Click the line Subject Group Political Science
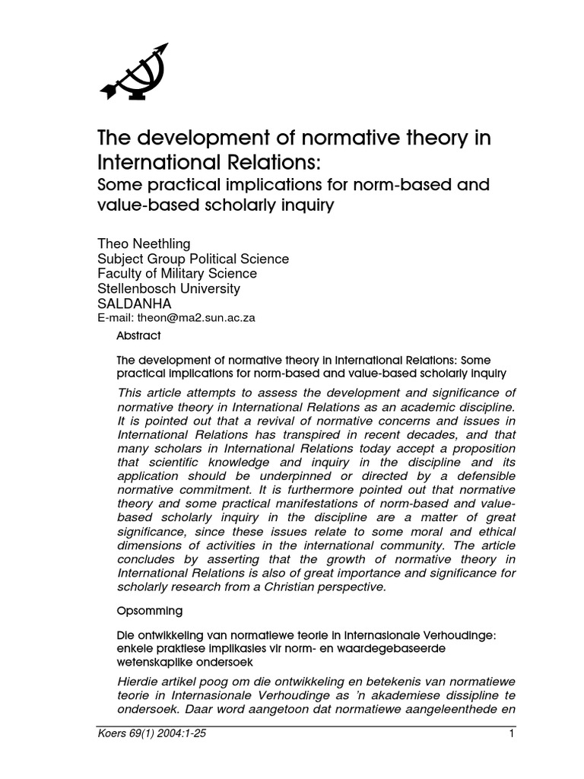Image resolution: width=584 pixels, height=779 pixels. click(193, 258)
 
